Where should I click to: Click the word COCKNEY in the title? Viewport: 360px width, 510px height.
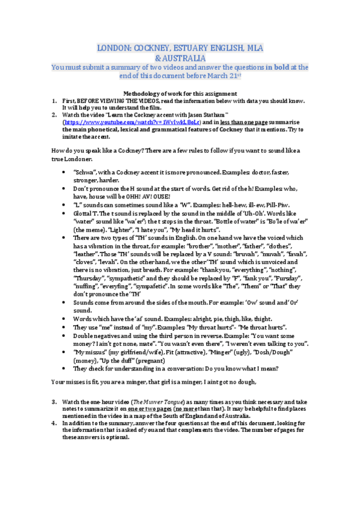[x=158, y=48]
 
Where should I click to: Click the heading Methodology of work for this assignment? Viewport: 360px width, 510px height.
[x=180, y=94]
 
